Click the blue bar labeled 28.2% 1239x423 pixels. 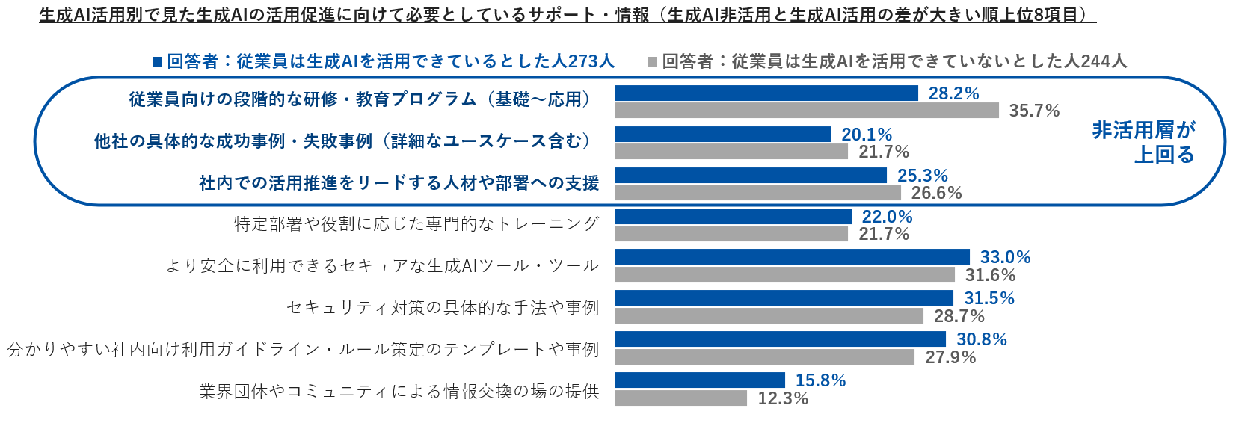point(766,93)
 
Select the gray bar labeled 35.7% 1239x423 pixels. point(807,111)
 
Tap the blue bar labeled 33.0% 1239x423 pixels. point(792,257)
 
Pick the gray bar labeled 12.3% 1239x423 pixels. point(681,398)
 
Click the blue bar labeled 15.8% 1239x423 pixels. point(700,380)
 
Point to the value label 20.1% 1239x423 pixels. point(867,135)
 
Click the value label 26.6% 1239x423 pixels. point(936,193)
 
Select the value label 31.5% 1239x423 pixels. point(989,298)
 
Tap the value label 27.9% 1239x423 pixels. point(950,357)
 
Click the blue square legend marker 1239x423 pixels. point(157,61)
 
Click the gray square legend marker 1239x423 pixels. point(652,61)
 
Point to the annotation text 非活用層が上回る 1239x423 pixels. point(1144,142)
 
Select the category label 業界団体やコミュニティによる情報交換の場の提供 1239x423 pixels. point(399,391)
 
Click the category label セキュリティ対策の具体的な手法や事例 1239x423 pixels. point(443,307)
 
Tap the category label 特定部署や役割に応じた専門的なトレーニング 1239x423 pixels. point(416,223)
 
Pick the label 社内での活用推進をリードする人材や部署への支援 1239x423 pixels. point(399,183)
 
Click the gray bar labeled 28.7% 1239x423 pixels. point(769,316)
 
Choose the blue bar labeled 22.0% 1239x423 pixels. point(733,217)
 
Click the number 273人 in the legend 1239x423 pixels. point(591,61)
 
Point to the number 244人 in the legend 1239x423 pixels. point(1103,61)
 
